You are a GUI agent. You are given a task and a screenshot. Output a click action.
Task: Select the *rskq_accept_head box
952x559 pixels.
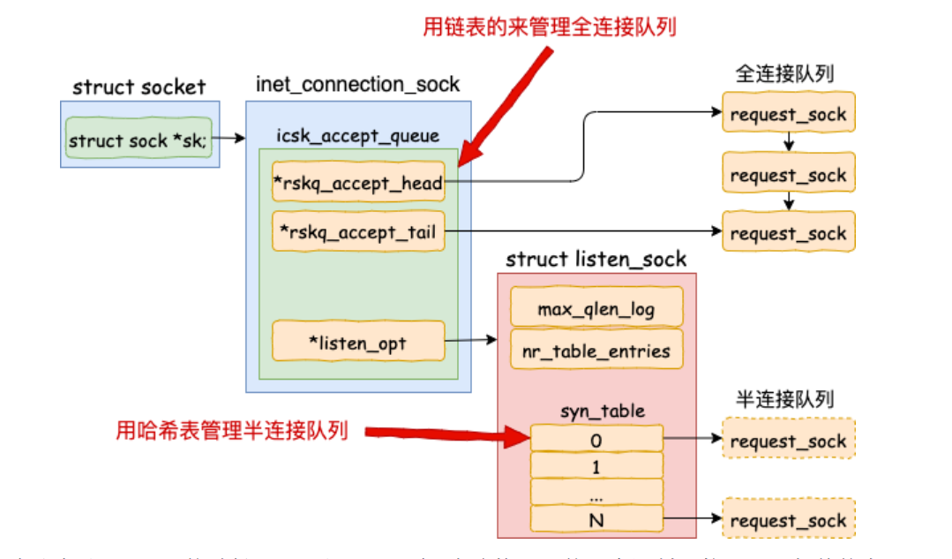coord(358,183)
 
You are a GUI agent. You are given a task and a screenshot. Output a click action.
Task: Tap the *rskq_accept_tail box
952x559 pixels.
coord(358,232)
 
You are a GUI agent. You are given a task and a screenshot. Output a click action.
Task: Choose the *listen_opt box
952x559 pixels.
coord(358,342)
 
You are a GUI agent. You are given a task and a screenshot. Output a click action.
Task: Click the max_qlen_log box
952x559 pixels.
coord(596,308)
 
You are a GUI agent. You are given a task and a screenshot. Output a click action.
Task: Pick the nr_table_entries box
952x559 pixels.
coord(596,350)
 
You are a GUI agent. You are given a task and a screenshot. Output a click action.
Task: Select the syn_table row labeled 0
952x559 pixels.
coord(596,439)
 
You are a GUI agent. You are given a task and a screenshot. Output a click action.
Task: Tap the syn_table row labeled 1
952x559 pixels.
coord(596,465)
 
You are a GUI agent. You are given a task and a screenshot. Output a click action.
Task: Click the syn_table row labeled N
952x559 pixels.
coord(596,519)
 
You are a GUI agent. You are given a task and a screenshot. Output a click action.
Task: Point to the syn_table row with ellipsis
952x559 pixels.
coord(596,492)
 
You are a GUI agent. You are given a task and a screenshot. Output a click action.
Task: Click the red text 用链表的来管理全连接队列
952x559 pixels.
coord(550,26)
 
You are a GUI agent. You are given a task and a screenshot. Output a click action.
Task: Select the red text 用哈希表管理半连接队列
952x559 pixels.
coord(232,431)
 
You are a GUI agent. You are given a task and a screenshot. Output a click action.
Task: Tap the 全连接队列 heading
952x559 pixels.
coord(784,73)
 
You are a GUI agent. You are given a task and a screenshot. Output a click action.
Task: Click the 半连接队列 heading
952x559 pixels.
coord(784,399)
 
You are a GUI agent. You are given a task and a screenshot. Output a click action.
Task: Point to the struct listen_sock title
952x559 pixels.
coord(596,260)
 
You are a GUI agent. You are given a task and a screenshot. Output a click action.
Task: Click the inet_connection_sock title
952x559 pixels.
coord(357,84)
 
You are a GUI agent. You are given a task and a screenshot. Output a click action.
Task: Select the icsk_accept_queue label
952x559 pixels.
coord(357,135)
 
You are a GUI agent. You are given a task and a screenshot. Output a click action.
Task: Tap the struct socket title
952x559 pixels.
coord(139,87)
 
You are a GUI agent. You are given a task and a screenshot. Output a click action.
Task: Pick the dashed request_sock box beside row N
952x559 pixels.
coord(788,521)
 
